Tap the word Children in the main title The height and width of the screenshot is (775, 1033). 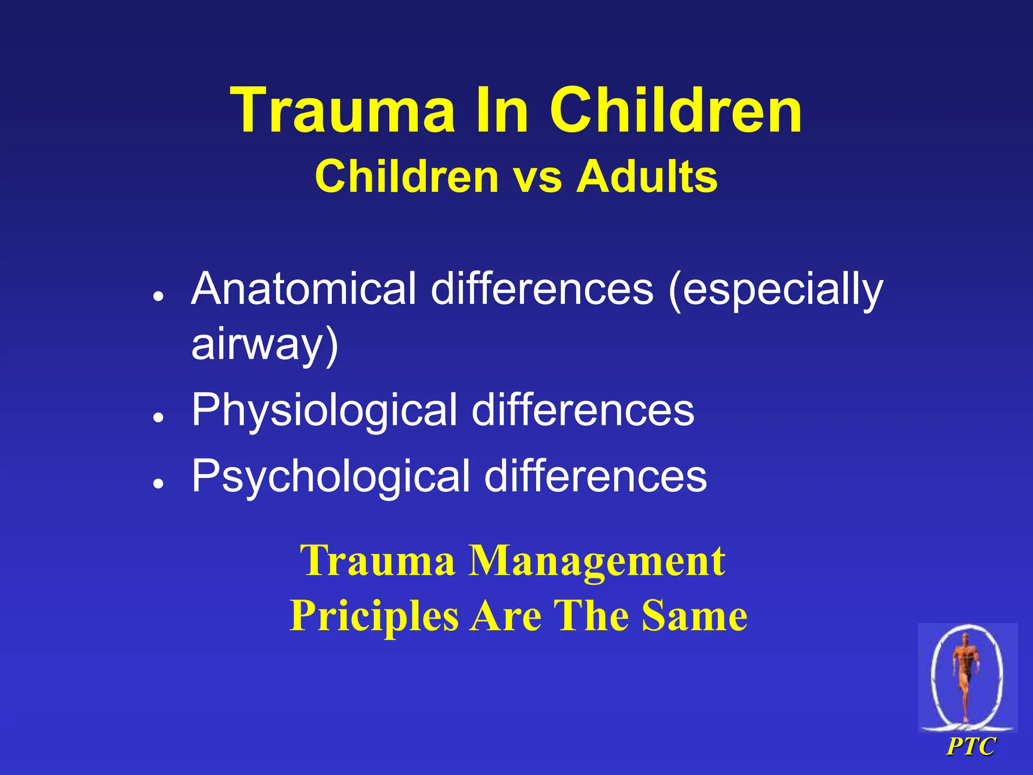coord(675,110)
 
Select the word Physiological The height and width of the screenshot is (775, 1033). coord(324,411)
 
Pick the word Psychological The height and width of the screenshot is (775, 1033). coord(331,477)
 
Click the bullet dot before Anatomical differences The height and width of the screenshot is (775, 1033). coord(159,297)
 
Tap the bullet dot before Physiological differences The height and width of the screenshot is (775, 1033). coord(159,418)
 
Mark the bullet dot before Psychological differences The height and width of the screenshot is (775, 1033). coord(159,483)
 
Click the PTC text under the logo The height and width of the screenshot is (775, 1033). coord(971,746)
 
